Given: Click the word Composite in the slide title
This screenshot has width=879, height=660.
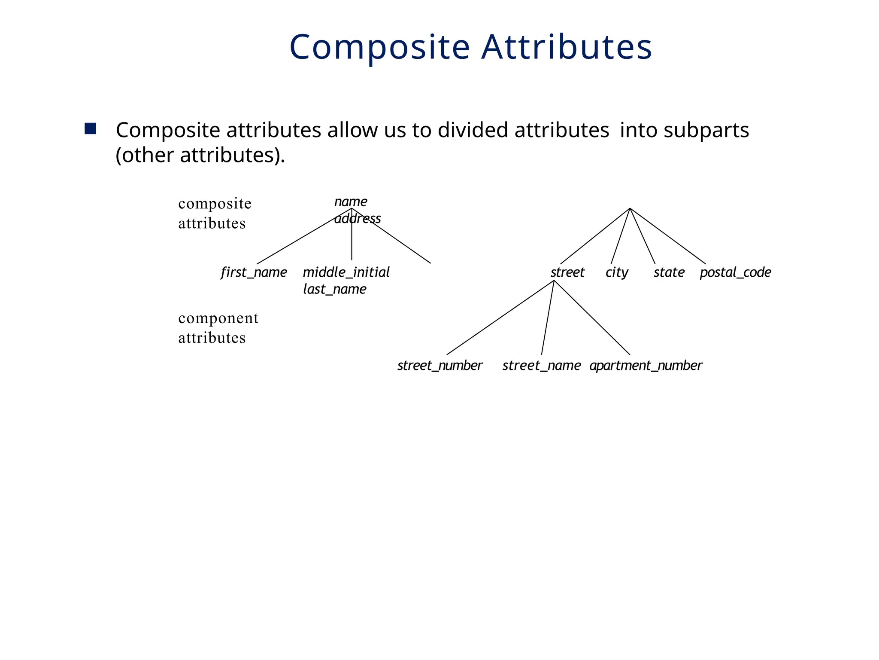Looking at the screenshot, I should click(379, 47).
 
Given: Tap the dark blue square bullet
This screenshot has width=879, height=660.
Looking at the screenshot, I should click(90, 129).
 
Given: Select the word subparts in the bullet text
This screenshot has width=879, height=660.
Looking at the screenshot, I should click(706, 130).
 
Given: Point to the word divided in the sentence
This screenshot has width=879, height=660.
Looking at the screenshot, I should click(473, 130).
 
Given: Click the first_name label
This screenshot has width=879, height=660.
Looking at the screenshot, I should click(254, 272).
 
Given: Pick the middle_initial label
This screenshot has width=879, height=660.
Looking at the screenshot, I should click(346, 272).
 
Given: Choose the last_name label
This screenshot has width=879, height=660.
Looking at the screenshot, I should click(334, 289).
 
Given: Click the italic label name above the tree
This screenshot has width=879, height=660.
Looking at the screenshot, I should click(351, 201).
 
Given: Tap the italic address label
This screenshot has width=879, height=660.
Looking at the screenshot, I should click(358, 219).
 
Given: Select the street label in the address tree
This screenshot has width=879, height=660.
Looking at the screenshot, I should click(567, 272).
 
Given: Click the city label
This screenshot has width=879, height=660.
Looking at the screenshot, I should click(617, 272).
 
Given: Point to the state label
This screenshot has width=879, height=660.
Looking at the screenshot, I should click(669, 272).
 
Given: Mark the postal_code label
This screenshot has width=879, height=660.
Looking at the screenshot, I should click(735, 272).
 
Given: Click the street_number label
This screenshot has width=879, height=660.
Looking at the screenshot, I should click(439, 366).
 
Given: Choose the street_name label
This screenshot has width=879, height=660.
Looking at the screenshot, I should click(541, 366).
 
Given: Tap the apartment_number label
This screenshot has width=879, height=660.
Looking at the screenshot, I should click(646, 366).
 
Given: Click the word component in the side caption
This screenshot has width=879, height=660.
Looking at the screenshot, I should click(218, 318).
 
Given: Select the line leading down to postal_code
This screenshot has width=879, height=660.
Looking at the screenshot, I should click(667, 236).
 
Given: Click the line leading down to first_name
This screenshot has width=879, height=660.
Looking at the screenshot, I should click(304, 236).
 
